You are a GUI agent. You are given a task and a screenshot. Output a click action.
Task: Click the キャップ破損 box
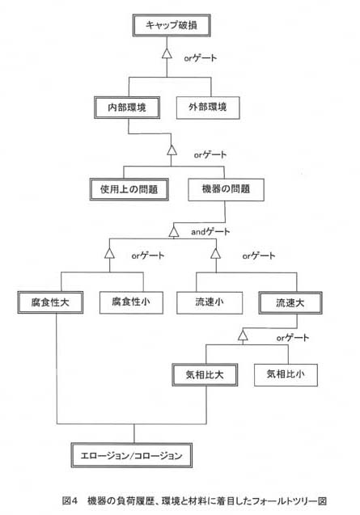coord(172,25)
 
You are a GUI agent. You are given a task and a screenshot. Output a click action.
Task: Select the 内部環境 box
coord(127,108)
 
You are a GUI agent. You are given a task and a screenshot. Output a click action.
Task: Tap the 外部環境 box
coord(208,108)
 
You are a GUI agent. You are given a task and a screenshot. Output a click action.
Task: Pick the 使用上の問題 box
coord(129,189)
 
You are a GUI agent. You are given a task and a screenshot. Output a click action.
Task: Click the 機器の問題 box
coord(226,189)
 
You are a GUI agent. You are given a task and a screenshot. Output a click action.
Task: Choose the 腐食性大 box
coord(50,302)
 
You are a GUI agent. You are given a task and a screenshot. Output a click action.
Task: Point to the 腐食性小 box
coord(131,302)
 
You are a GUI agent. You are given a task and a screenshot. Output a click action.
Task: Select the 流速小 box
coord(210,302)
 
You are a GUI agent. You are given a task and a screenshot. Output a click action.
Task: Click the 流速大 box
coord(290,303)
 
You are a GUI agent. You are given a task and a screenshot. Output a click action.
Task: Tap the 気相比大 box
coord(205,375)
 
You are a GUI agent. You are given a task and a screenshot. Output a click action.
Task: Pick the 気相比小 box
coord(286,375)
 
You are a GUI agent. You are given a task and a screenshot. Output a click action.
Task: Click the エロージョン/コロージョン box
coord(132,455)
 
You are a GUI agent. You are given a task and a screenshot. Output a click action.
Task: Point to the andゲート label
coord(210,231)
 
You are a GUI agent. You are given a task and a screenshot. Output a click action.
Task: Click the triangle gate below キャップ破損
coord(167,53)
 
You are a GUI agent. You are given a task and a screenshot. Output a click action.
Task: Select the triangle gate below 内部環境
coord(172,150)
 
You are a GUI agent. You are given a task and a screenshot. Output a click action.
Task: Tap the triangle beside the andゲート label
coord(174,232)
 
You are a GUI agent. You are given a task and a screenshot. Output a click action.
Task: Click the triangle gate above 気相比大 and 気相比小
coord(243,336)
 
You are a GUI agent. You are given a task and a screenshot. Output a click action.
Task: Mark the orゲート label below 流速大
coord(292,338)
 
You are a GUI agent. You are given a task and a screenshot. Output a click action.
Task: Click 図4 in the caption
coord(70,500)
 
